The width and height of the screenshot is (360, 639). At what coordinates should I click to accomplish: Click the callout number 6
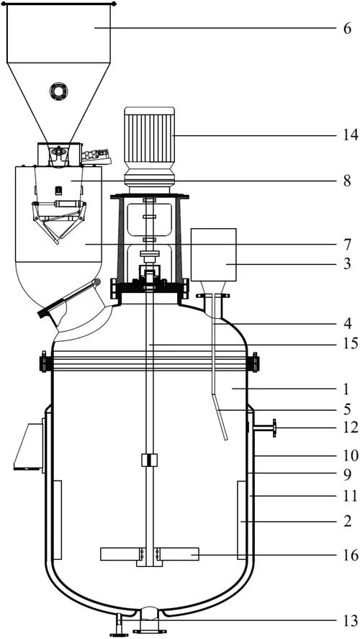tap(347, 29)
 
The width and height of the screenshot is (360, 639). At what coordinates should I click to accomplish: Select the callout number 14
tap(351, 135)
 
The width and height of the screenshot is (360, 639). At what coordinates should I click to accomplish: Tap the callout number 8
tap(347, 181)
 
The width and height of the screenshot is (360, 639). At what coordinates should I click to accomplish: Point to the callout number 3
tap(347, 264)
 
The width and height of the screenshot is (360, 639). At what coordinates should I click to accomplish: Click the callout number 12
tap(351, 427)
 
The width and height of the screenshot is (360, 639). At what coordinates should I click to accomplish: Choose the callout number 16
tap(351, 555)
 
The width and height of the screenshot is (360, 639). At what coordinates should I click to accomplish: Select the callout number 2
tap(347, 522)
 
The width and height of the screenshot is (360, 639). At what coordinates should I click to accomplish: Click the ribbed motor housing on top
tap(149, 135)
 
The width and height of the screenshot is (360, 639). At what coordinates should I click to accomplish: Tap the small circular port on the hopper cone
tap(58, 91)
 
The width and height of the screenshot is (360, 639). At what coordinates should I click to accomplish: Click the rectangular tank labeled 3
tap(214, 255)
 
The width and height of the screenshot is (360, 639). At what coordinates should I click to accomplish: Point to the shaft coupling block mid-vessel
tap(149, 460)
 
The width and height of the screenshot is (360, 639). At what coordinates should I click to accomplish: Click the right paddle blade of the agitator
tap(179, 554)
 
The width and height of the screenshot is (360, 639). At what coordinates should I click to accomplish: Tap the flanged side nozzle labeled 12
tap(264, 428)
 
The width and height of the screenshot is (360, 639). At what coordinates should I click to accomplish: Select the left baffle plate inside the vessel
tap(58, 520)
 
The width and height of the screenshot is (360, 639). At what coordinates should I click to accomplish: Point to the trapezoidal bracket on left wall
tap(28, 447)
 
